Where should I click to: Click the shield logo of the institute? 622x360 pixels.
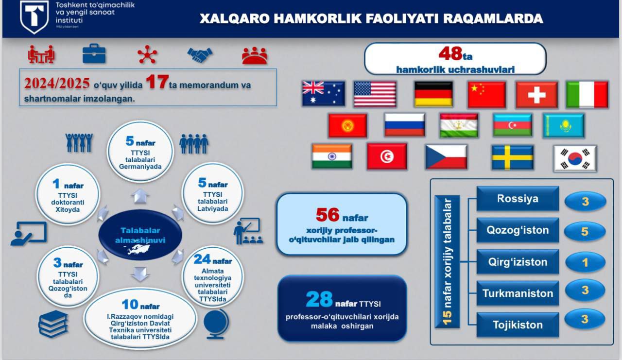[x=34, y=17]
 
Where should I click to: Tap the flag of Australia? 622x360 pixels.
[x=324, y=94]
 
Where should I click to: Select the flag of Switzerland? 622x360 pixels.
[x=536, y=94]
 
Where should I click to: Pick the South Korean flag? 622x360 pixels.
[x=575, y=158]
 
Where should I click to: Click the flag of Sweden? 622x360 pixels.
[x=512, y=157]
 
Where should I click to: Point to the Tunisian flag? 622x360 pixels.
[x=387, y=156]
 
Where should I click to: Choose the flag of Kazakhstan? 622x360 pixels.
[x=563, y=125]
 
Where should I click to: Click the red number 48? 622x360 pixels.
[x=450, y=53]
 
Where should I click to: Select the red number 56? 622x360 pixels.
[x=328, y=215]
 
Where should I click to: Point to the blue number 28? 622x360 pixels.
[x=319, y=299]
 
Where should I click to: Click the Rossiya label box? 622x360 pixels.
[x=518, y=198]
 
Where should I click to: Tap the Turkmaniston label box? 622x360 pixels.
[x=518, y=293]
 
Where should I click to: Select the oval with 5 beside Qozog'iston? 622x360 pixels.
[x=585, y=231]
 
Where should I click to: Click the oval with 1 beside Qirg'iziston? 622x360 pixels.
[x=585, y=262]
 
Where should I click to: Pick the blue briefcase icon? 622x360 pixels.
[x=94, y=53]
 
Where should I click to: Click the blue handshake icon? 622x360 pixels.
[x=200, y=55]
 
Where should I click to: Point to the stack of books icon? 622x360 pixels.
[x=53, y=324]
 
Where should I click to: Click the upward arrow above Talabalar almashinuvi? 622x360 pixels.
[x=140, y=196]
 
